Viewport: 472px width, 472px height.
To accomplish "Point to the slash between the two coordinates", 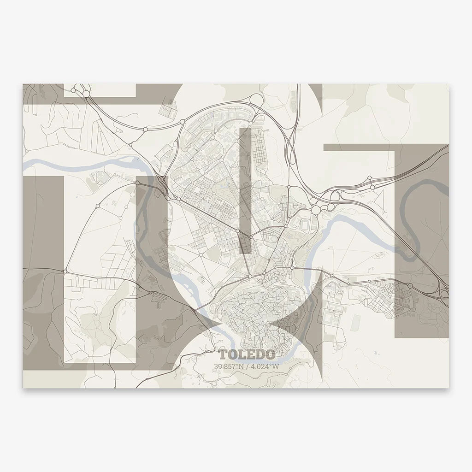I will click(x=248, y=366).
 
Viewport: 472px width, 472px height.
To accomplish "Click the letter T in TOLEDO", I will click(x=224, y=355).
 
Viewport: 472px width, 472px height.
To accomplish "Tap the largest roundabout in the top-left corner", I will click(x=86, y=94).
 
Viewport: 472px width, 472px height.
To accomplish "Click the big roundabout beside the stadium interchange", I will click(x=316, y=210).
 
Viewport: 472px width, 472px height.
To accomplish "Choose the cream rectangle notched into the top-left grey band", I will click(x=99, y=90).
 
